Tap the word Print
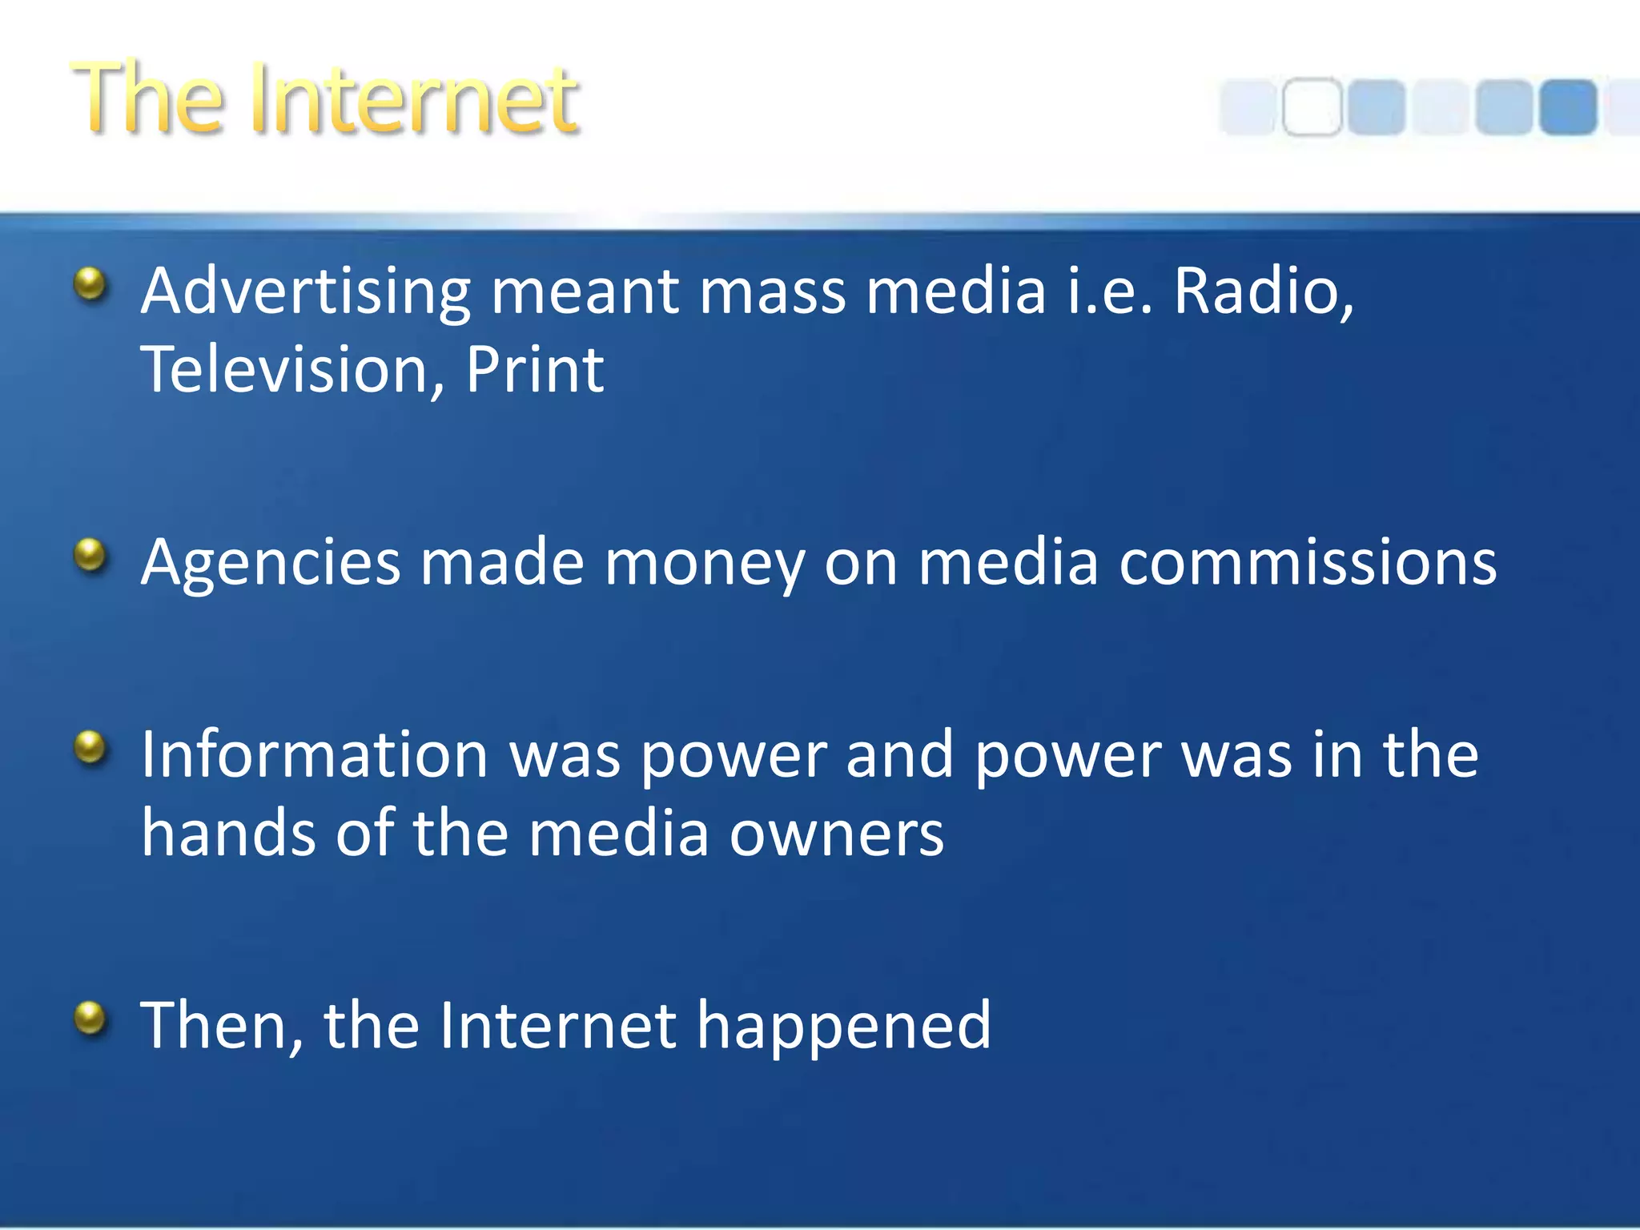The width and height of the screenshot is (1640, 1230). (534, 370)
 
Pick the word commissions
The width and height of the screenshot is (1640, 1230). (1307, 562)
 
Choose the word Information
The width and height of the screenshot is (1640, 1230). (315, 754)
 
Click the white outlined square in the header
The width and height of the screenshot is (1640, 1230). (1311, 107)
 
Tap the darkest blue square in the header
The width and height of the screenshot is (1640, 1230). (1567, 107)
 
